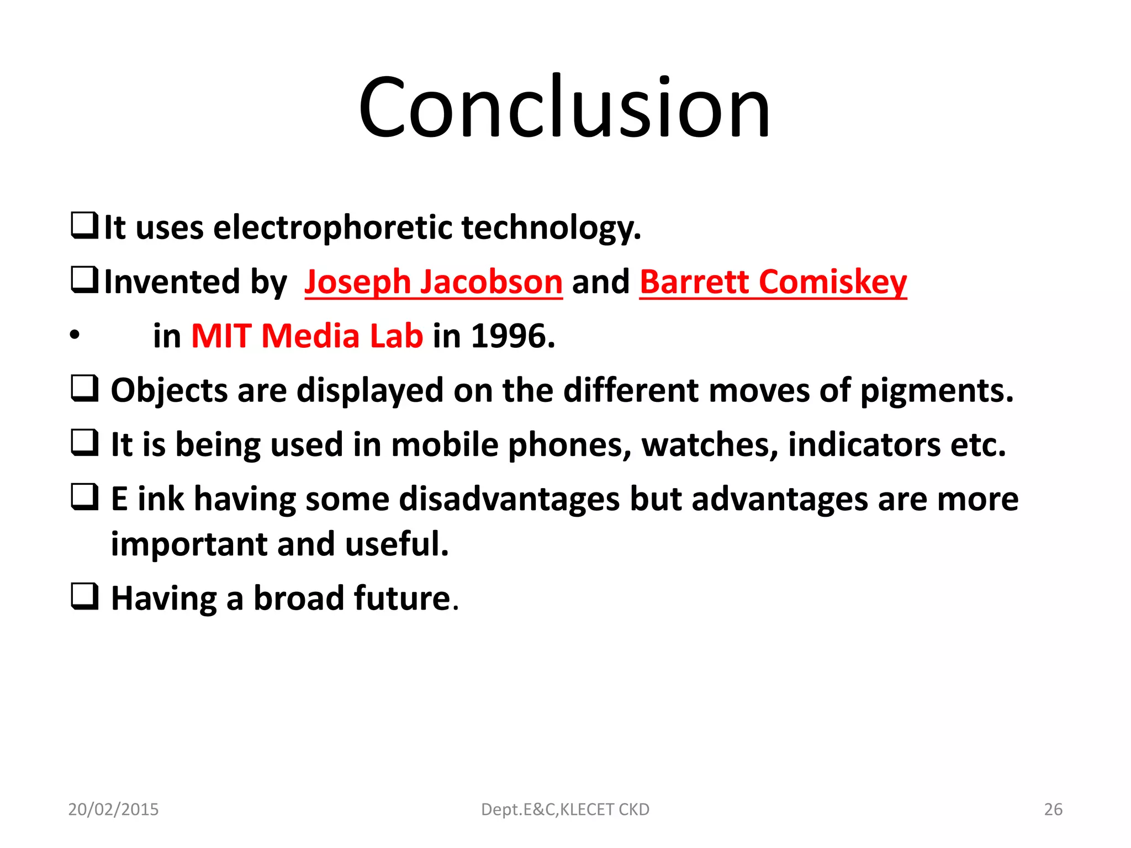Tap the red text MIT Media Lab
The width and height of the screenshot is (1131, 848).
tap(307, 336)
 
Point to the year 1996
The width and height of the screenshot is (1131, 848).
tap(512, 336)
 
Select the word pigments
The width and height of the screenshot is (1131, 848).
tap(937, 391)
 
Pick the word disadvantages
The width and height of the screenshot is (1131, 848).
tap(509, 499)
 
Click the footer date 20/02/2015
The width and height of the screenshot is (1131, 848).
tap(113, 809)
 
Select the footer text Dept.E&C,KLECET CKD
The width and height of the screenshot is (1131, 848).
tap(565, 809)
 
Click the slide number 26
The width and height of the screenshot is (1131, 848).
tap(1053, 809)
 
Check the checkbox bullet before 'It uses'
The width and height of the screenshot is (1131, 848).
tap(84, 226)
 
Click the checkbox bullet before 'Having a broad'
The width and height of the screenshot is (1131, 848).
tap(84, 596)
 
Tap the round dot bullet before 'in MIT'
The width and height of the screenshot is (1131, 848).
tap(75, 335)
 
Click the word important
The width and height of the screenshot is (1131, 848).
tap(189, 544)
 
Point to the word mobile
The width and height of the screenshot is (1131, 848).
tap(445, 445)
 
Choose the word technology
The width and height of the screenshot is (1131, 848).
tap(551, 227)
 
